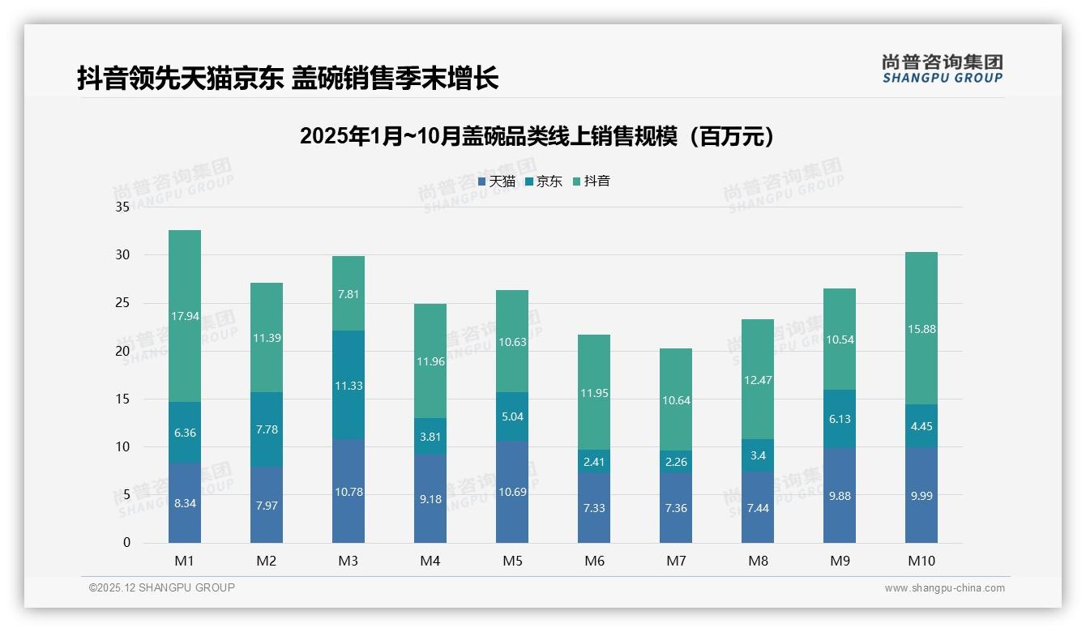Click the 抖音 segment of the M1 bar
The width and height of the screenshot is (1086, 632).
(185, 316)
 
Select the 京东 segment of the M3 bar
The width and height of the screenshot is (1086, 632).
(348, 385)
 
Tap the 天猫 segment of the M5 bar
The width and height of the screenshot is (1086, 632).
(512, 492)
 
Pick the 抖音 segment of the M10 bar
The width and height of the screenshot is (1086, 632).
(921, 328)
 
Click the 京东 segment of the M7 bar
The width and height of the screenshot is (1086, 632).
(676, 462)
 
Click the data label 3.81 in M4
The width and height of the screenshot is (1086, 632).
(430, 437)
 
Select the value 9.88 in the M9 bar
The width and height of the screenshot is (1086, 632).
(840, 496)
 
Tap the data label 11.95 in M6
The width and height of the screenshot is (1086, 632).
(594, 393)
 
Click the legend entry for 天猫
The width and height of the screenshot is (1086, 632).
(496, 181)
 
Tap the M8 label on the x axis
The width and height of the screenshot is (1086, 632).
(758, 561)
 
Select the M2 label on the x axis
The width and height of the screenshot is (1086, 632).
(267, 561)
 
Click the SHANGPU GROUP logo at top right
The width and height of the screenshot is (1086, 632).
(943, 69)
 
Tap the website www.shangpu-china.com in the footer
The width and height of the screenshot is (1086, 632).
(944, 588)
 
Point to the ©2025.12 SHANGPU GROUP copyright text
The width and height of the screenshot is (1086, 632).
(162, 588)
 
